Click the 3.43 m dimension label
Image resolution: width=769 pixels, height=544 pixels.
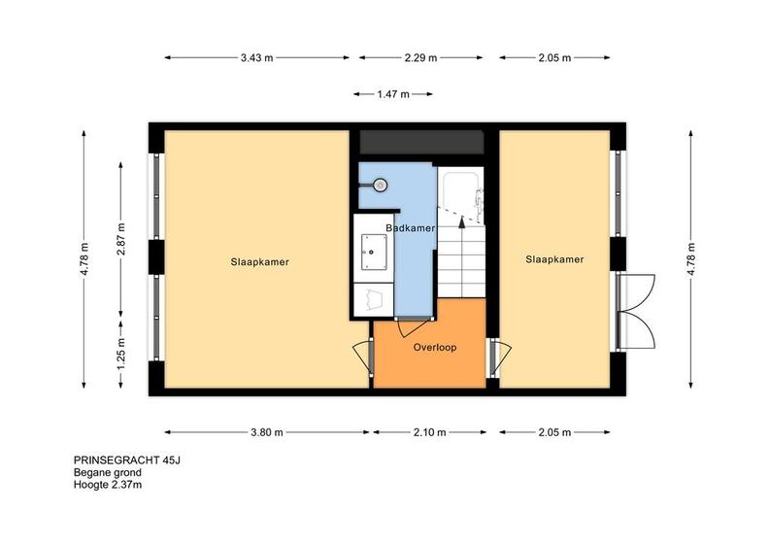(256, 58)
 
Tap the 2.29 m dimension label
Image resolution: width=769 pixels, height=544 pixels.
(420, 58)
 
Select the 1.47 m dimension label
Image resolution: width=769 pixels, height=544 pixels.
(393, 94)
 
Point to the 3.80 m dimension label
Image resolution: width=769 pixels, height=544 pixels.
(267, 432)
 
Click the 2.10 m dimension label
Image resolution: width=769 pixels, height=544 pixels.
(429, 432)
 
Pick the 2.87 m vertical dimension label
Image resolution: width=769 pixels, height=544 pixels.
(121, 239)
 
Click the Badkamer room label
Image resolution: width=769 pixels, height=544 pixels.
(410, 228)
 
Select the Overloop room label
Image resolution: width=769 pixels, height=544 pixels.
(435, 348)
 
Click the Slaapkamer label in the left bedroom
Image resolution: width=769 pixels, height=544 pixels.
(260, 262)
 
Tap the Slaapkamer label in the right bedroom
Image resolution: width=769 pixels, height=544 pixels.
(554, 259)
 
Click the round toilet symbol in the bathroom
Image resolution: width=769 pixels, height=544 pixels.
(380, 185)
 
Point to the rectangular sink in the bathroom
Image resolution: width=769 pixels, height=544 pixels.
(374, 253)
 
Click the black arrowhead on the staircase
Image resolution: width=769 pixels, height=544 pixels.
(461, 222)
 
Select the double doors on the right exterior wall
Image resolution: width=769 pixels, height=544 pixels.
(636, 311)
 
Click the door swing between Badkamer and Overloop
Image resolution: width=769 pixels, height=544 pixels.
(412, 327)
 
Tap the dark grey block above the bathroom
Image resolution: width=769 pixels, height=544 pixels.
(421, 142)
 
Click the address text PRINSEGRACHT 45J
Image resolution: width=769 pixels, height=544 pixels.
(127, 460)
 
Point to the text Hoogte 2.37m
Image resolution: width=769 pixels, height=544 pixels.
(108, 485)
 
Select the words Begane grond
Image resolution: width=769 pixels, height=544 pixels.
(108, 473)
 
